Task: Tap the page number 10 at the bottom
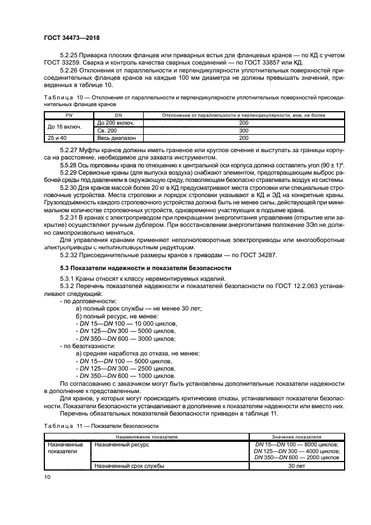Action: pyautogui.click(x=47, y=477)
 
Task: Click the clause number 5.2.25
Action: pyautogui.click(x=70, y=54)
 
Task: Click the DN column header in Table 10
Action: pyautogui.click(x=118, y=115)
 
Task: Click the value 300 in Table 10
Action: pyautogui.click(x=243, y=130)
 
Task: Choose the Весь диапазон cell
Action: pyautogui.click(x=115, y=138)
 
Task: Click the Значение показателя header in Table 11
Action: pyautogui.click(x=296, y=436)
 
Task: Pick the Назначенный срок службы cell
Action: pyautogui.click(x=129, y=465)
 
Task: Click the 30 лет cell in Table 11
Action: pyautogui.click(x=296, y=465)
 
